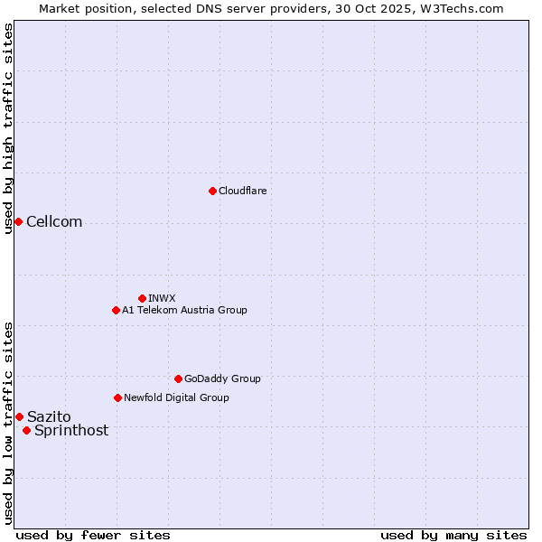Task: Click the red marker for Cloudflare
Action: (x=212, y=191)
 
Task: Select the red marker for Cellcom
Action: (x=18, y=221)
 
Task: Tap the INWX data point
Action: (x=142, y=298)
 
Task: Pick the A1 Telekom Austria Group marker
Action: (x=116, y=310)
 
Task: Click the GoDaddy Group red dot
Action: (x=178, y=378)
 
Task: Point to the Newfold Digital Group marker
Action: (x=117, y=397)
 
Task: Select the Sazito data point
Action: (x=19, y=416)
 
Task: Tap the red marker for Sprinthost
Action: (x=26, y=430)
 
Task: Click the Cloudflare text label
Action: (x=242, y=191)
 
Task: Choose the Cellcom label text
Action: (x=54, y=222)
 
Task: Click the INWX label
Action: (x=162, y=298)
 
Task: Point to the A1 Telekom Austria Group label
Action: (x=184, y=310)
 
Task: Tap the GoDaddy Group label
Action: (x=222, y=378)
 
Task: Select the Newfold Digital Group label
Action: (x=176, y=397)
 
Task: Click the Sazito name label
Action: (x=49, y=416)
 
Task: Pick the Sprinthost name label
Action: (x=71, y=430)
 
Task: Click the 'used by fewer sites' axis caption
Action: (x=93, y=535)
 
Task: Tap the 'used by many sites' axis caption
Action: (x=453, y=535)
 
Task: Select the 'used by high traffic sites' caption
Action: (x=9, y=128)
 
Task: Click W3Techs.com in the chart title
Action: (x=459, y=8)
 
